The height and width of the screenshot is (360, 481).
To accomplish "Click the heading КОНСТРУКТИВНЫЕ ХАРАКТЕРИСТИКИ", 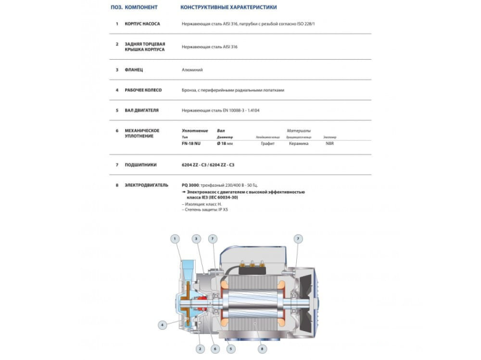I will (x=228, y=8).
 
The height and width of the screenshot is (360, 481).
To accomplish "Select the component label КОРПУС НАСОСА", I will (x=142, y=23).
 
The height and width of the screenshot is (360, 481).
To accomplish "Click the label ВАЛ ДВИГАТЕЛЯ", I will (x=142, y=110).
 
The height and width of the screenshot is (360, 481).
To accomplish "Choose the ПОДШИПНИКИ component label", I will (x=140, y=165).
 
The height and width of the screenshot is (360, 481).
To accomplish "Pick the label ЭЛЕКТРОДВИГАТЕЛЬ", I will (x=146, y=185).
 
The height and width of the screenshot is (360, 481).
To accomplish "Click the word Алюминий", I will (x=192, y=70).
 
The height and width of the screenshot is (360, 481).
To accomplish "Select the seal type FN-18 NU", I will (x=191, y=143).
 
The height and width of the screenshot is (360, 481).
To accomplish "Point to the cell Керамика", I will (x=298, y=143).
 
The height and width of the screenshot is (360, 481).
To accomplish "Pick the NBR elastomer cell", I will (x=331, y=143).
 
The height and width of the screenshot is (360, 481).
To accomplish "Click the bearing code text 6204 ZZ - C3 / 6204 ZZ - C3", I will (x=208, y=165).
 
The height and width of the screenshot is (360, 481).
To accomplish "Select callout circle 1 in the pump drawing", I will (x=175, y=238).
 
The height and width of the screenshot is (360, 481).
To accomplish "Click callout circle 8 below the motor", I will (x=262, y=349).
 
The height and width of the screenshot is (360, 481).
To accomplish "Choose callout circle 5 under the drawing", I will (x=231, y=349).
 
